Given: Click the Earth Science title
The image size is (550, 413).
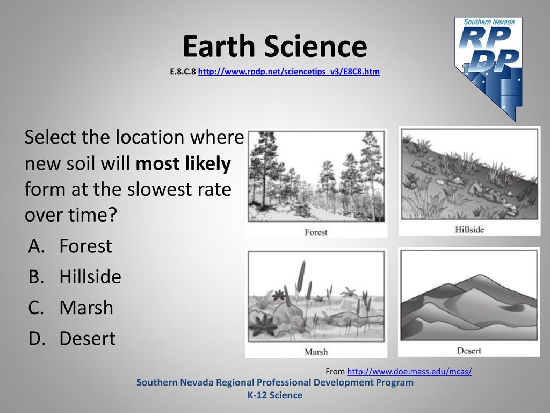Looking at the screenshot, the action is (274, 46).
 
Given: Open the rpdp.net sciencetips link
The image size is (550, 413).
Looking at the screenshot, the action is (288, 72).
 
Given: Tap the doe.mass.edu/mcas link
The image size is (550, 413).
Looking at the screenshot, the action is (409, 371).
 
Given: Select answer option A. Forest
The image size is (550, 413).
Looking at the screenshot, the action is (70, 245).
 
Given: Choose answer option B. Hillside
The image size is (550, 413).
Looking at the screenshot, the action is (75, 276).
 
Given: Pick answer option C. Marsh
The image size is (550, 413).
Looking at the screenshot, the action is (70, 307).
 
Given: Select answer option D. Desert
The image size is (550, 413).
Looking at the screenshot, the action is (72, 338).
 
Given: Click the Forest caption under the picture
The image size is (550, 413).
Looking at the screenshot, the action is (316, 232).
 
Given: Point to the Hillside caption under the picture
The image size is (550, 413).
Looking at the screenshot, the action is (469, 230).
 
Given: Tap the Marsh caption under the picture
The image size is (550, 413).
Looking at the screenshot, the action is (316, 352).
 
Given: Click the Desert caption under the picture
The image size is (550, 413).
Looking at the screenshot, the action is (469, 351).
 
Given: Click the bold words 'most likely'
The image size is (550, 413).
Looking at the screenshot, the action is (183, 164).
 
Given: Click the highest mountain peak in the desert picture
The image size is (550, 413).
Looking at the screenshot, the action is (480, 276).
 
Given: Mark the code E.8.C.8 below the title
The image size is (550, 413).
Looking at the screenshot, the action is (183, 72).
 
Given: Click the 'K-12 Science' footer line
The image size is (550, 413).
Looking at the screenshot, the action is (275, 395).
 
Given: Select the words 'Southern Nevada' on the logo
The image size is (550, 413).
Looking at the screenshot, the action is (489, 22).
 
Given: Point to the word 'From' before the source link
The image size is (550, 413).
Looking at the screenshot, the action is (335, 371).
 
